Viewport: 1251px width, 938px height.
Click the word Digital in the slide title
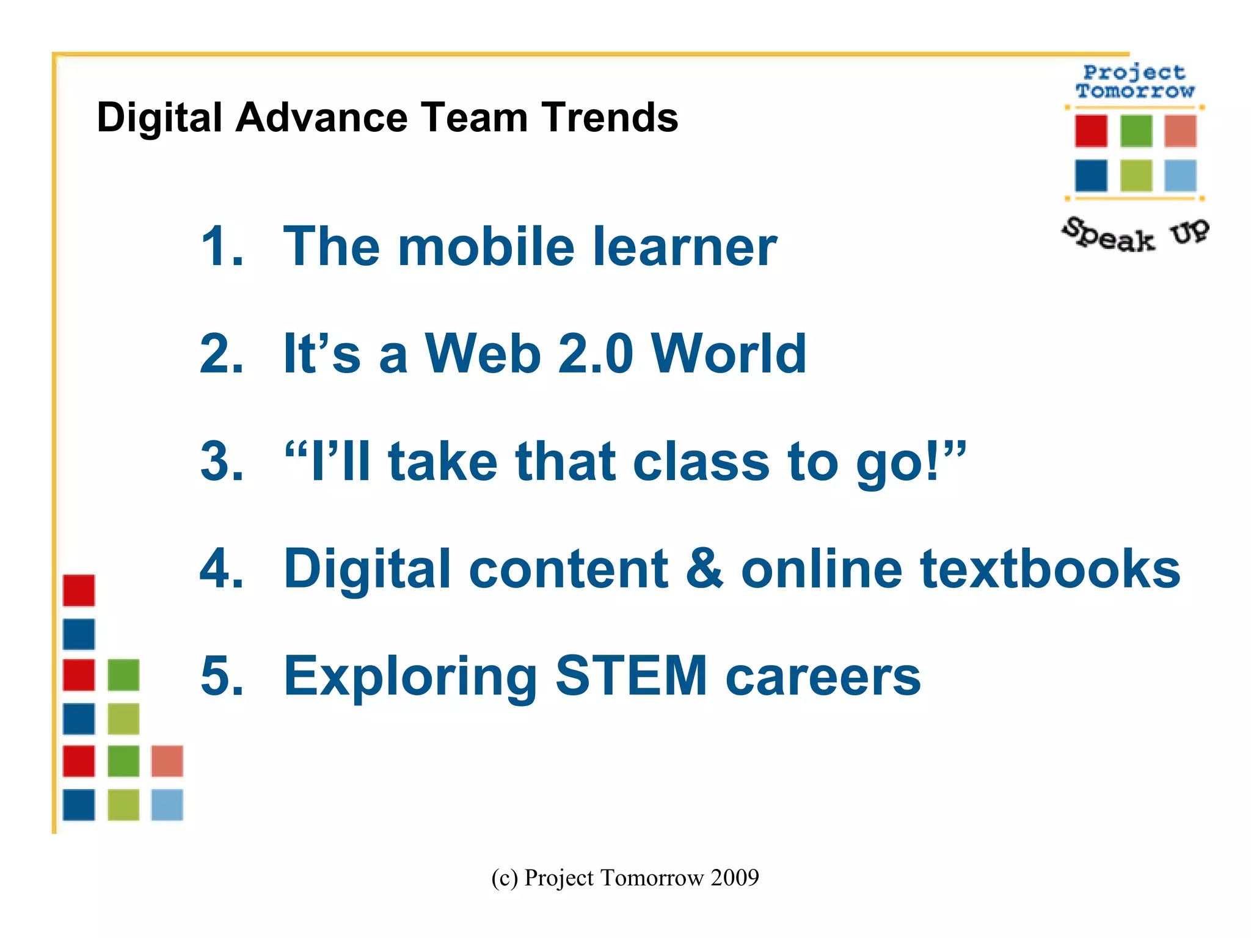pyautogui.click(x=159, y=118)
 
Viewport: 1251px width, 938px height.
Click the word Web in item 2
pyautogui.click(x=483, y=354)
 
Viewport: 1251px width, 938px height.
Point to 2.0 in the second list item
pyautogui.click(x=596, y=354)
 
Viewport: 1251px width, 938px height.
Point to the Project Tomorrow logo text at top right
pyautogui.click(x=1135, y=82)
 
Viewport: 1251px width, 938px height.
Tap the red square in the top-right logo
pyautogui.click(x=1091, y=131)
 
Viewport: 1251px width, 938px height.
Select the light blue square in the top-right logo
pyautogui.click(x=1180, y=176)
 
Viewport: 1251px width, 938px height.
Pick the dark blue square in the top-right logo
pyautogui.click(x=1091, y=176)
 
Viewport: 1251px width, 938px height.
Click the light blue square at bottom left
pyautogui.click(x=167, y=805)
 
